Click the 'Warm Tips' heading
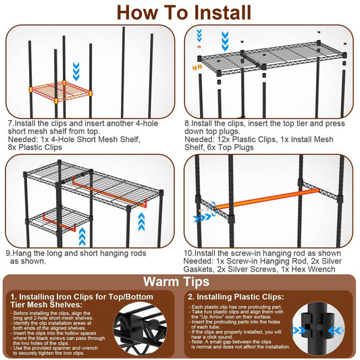point(180,281)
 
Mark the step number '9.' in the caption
point(11,253)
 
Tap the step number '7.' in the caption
point(11,124)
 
